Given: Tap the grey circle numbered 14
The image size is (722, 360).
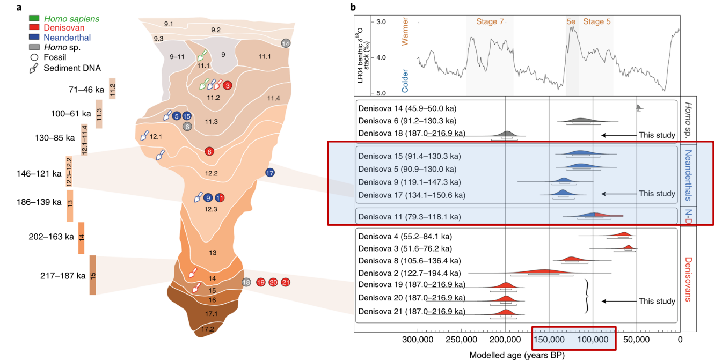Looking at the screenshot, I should pos(286,43).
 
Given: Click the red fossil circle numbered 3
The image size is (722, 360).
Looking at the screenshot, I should pos(227,85).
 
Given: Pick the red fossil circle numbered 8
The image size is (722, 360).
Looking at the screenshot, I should pos(209,152).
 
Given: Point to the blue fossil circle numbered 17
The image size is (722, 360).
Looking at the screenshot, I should pos(269,173).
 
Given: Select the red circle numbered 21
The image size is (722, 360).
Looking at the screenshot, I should pos(286,282).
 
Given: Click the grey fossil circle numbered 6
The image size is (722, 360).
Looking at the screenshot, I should pos(187,127).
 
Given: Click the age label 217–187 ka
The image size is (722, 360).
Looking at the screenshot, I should pos(63,276).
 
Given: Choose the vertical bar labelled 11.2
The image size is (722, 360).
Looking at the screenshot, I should pos(112,87).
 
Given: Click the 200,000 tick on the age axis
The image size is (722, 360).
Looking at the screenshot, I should pos(505,340).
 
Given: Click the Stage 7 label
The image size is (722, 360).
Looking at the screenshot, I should pos(490,22).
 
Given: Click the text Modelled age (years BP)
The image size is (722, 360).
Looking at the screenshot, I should pos(516,355).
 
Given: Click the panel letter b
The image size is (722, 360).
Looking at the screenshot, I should pos(353,7).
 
